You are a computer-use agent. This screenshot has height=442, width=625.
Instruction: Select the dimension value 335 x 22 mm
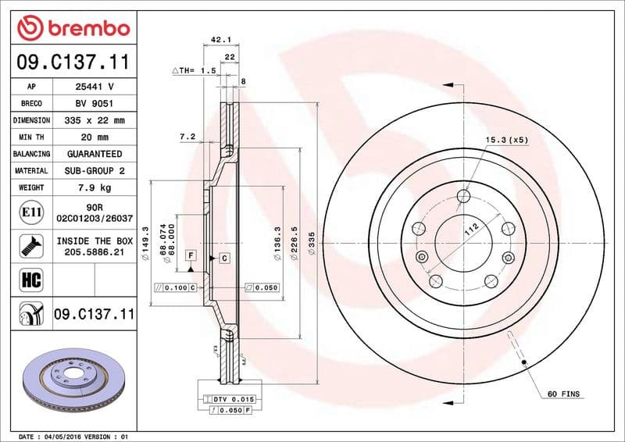(95, 120)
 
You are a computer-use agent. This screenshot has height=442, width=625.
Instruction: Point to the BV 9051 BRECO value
(95, 104)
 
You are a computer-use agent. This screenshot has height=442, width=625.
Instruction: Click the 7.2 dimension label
(187, 137)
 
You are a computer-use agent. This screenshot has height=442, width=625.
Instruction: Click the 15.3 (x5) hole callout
(507, 140)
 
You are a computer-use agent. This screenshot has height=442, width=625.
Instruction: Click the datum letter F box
(190, 255)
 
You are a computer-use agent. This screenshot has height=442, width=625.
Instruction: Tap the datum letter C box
(223, 257)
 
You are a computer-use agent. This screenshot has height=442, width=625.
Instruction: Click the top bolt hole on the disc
(464, 196)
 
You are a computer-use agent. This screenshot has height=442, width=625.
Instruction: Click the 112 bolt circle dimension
(471, 230)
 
